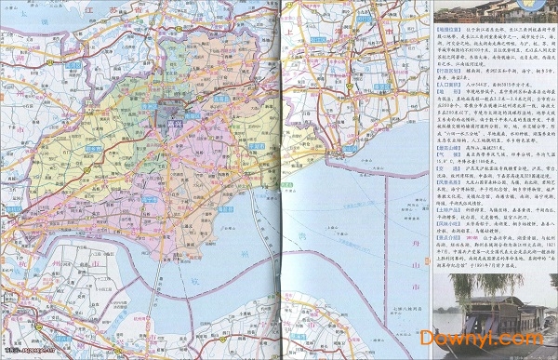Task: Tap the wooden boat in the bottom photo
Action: tap(502, 316)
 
